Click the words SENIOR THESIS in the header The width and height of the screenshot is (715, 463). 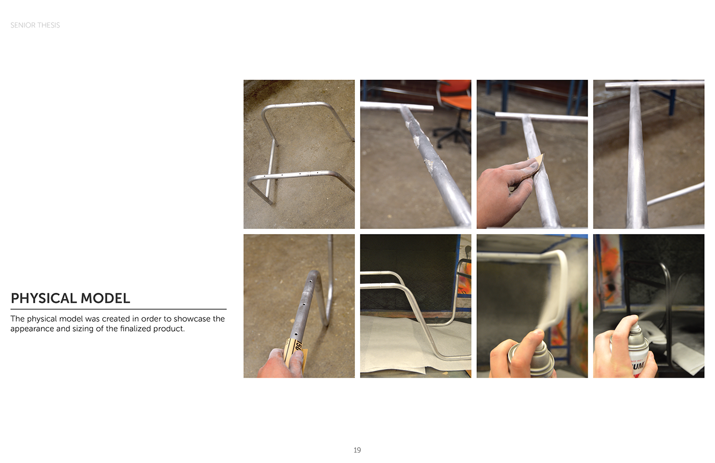tap(35, 25)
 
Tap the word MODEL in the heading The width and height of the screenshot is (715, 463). tap(105, 298)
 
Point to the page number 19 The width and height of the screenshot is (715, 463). tap(357, 450)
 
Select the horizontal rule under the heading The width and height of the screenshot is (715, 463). tap(118, 309)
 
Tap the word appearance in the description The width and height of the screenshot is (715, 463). tap(32, 329)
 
